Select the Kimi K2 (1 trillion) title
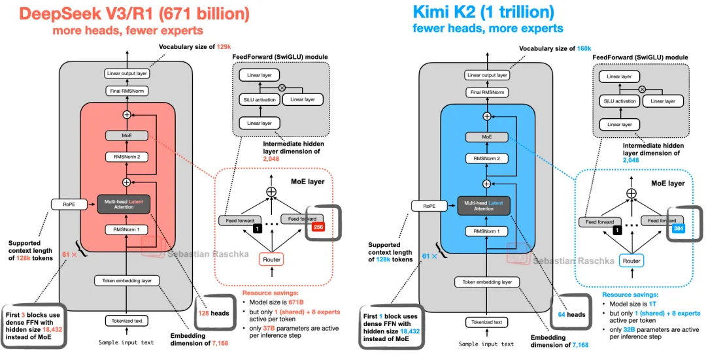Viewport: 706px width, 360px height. tap(483, 12)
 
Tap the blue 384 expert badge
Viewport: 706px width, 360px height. tap(679, 227)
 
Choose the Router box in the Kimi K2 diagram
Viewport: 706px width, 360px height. tap(631, 260)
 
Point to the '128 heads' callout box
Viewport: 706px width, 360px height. tap(213, 313)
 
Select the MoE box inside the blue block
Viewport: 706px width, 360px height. tap(486, 137)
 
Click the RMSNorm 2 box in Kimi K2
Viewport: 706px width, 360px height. tap(486, 158)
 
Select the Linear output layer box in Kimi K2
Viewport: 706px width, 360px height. tap(487, 75)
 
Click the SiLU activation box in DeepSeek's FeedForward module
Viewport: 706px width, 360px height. tap(259, 100)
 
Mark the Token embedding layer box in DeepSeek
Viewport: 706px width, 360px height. tap(127, 281)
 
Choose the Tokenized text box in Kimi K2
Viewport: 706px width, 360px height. tap(486, 321)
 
